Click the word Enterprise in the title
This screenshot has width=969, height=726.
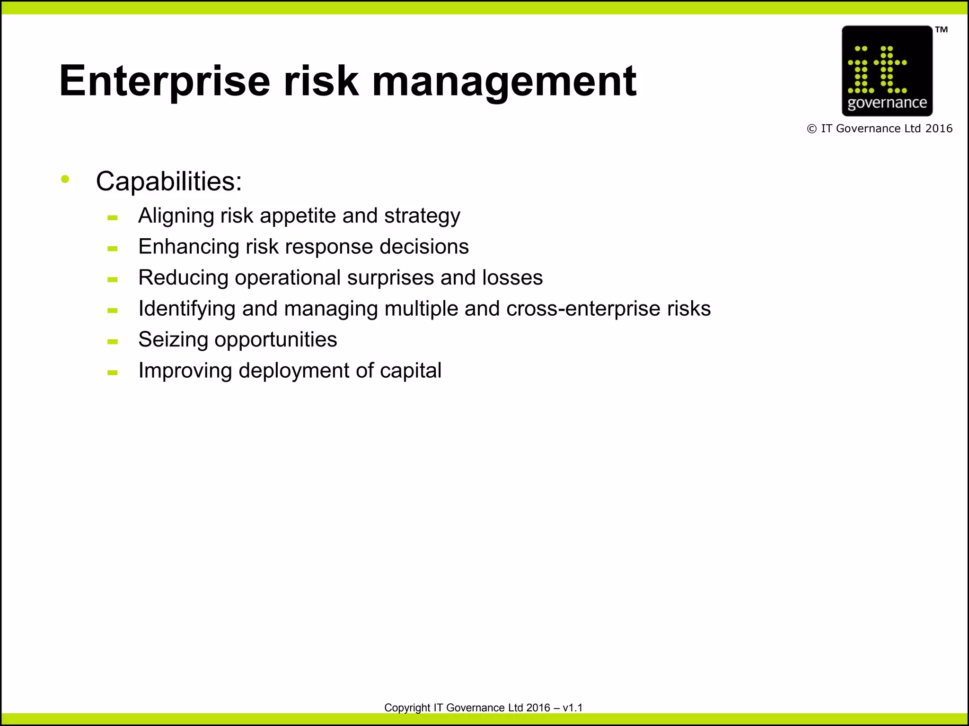[x=165, y=81]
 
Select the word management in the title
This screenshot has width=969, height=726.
[x=504, y=81]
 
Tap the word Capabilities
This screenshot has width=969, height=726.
[x=168, y=181]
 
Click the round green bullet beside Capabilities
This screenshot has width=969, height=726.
[x=65, y=179]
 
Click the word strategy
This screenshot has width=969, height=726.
[x=422, y=216]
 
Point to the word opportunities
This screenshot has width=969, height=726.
[x=276, y=340]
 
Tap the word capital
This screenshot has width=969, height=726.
[x=411, y=371]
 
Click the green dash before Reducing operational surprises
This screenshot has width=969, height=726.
[x=113, y=279]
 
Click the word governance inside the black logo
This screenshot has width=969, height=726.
[x=887, y=103]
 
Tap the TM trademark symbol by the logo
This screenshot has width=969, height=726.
[x=942, y=30]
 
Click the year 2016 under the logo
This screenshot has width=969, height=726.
[x=939, y=129]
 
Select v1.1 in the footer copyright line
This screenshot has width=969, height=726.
[x=573, y=708]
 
